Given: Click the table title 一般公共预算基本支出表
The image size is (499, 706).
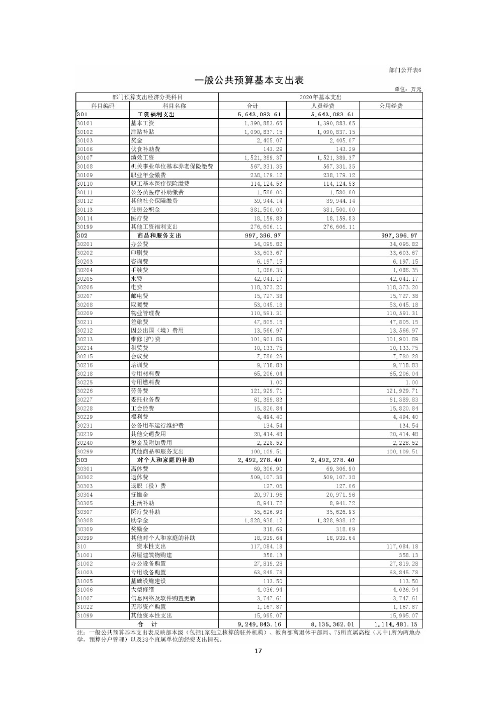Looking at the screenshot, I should coord(249,81).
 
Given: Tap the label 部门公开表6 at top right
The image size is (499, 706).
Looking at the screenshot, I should coord(405,70).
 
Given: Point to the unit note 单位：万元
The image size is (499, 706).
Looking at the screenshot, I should coord(408,89).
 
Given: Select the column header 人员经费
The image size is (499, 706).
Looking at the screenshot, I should coord(323,106).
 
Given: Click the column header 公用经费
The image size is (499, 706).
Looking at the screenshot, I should coord(391,106).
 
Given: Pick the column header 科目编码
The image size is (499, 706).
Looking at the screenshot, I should coord(103,106).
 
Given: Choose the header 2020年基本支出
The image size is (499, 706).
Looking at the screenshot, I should coord(320,97).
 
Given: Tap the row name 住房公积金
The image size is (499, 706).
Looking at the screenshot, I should coord(145,209).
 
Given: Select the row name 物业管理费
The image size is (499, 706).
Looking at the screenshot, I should coord(145,313).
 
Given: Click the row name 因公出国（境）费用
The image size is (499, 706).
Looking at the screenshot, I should coord(157,330).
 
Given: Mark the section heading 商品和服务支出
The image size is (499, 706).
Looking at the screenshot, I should coord(159,236).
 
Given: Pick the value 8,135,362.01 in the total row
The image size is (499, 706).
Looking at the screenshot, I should coord(332,624).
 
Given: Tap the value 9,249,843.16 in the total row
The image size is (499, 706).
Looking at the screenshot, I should coord(259,624).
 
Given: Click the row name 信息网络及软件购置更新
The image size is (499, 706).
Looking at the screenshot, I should coord(163,598).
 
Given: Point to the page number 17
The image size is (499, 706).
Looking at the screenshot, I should coord(258,651).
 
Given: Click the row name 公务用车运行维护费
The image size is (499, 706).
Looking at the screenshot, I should coord(157,426).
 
